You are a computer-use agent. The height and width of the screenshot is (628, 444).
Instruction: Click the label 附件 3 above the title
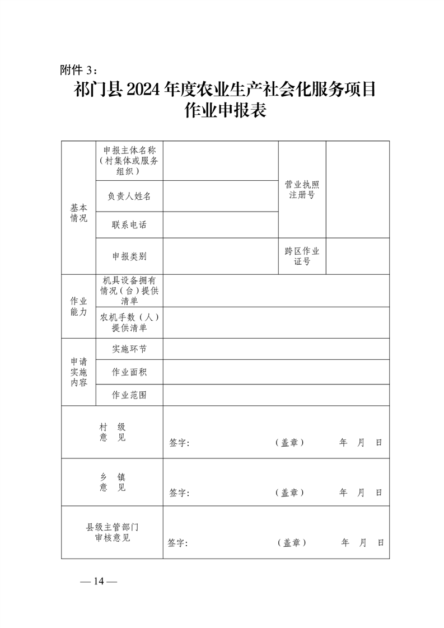[x=78, y=70]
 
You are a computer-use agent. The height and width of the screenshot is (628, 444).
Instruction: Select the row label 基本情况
[x=78, y=213]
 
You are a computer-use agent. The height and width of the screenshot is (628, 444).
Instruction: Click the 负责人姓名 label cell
[x=129, y=196]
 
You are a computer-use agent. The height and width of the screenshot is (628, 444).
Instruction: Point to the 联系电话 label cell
[x=129, y=225]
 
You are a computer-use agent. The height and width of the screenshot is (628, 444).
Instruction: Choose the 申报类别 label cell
[x=129, y=256]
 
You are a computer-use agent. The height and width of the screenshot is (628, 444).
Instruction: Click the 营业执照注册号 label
[x=302, y=190]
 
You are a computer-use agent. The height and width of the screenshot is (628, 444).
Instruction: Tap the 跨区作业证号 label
[x=302, y=256]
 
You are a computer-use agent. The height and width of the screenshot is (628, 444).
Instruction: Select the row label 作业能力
[x=78, y=306]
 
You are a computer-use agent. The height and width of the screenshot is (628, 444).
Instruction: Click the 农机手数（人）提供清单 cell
[x=129, y=322]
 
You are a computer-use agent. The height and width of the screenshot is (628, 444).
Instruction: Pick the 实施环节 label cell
[x=129, y=349]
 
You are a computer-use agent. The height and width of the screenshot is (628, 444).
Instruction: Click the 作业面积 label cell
[x=129, y=372]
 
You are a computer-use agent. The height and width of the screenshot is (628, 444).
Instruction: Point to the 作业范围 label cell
[x=129, y=395]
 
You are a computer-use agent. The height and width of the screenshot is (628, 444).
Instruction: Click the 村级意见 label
[x=113, y=432]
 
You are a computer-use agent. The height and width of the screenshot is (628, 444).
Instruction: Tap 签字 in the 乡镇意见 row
[x=179, y=493]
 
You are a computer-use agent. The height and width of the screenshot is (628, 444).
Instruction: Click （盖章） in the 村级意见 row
[x=289, y=443]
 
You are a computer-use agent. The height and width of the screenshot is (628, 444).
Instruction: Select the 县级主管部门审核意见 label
[x=113, y=532]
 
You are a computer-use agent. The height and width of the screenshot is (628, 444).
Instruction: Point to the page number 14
[x=99, y=581]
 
